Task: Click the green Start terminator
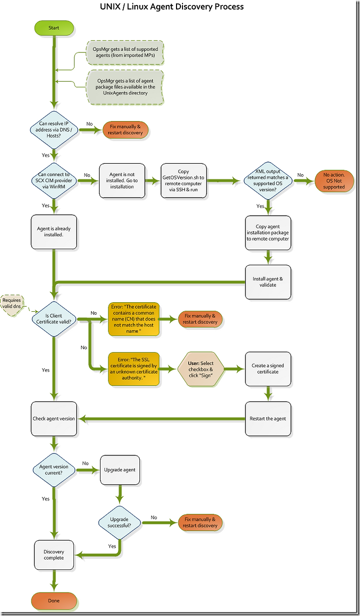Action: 54,28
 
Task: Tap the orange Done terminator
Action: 54,601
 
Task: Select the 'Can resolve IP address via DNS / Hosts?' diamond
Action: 54,130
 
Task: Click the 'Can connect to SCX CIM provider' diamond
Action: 54,181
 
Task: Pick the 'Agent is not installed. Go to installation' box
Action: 122,181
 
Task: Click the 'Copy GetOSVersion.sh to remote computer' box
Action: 183,181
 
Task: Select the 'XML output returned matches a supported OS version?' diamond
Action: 268,181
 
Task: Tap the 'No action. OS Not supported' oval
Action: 334,181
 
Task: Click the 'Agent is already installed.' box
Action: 54,232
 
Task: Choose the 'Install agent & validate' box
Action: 268,282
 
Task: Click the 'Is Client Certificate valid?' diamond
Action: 54,319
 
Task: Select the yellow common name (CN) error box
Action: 134,319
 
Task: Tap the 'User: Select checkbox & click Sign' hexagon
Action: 200,369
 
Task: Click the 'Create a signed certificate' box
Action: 268,369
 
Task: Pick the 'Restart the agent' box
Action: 268,419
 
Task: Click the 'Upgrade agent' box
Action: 120,470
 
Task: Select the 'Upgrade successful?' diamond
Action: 119,522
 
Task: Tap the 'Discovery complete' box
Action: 54,555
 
